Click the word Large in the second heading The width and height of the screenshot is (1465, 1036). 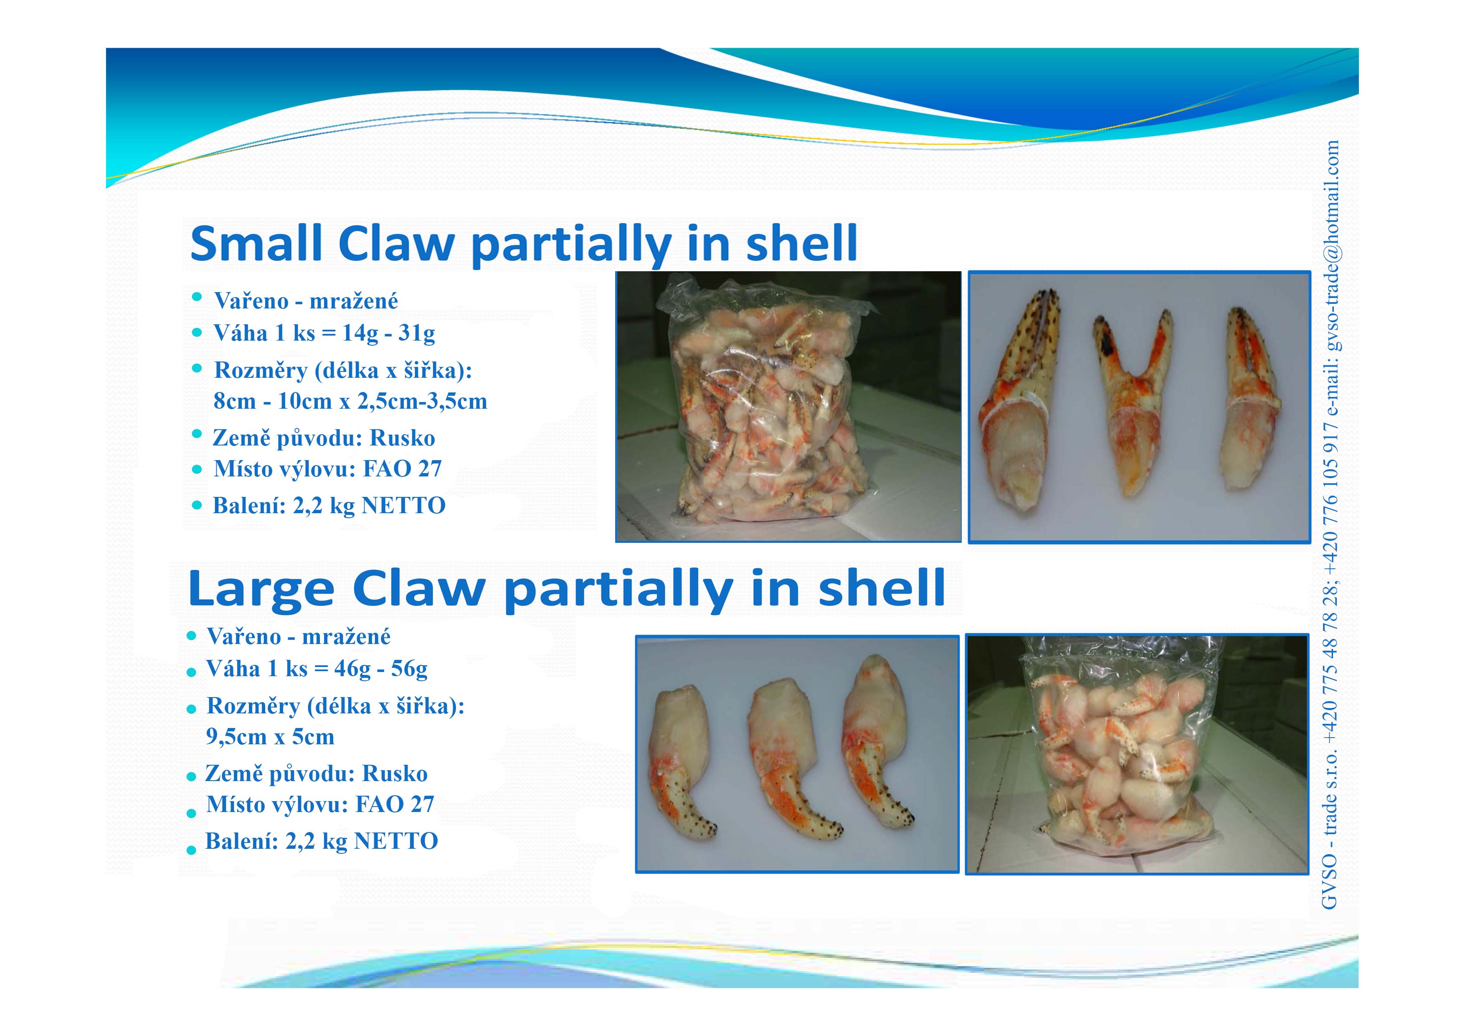[x=261, y=588]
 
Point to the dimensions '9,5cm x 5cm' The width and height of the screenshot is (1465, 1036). [x=270, y=737]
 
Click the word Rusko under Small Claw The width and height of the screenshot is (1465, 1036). [x=403, y=438]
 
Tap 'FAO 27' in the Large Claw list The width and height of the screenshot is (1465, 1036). [x=395, y=804]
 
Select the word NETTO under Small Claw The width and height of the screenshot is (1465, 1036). [x=403, y=506]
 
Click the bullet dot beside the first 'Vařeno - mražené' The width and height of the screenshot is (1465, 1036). [x=197, y=297]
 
